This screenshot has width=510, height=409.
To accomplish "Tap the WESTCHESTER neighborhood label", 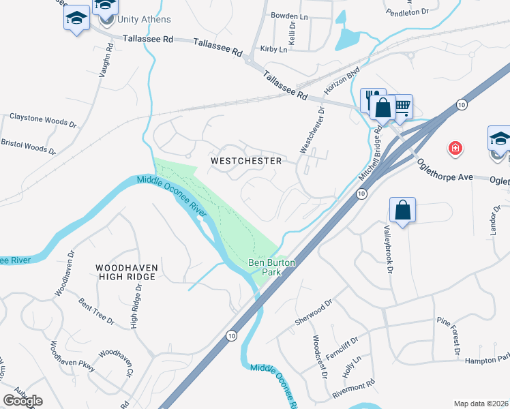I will pyautogui.click(x=246, y=161).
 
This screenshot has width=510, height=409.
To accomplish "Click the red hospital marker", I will pyautogui.click(x=453, y=147).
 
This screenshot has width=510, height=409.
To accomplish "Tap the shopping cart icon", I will pyautogui.click(x=402, y=106).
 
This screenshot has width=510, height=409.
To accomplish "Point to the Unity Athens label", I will pyautogui.click(x=144, y=20).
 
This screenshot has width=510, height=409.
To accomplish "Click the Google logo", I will pyautogui.click(x=22, y=400).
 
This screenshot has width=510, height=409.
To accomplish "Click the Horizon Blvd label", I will pyautogui.click(x=342, y=81).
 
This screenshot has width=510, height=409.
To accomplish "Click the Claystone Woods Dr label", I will pyautogui.click(x=42, y=119).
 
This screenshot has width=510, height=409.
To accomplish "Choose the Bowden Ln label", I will pyautogui.click(x=285, y=16).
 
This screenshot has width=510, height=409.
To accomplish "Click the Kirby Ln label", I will pyautogui.click(x=273, y=50).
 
